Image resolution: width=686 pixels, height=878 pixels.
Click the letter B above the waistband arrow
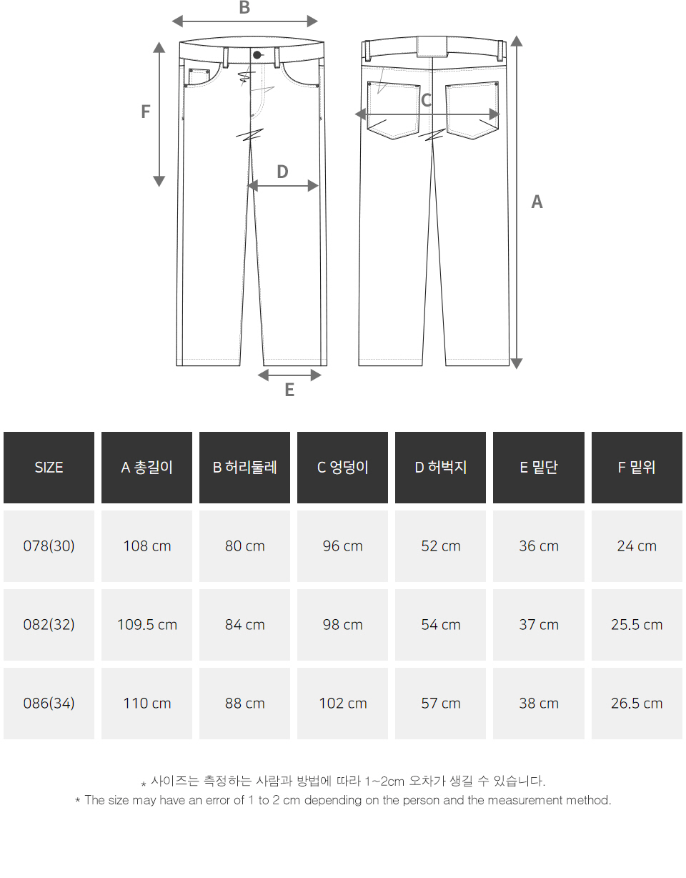point(244,7)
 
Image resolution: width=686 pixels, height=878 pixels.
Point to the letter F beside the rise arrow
point(145,112)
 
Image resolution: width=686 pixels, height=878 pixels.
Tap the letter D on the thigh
point(283,172)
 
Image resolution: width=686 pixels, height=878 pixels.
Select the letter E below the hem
point(289,390)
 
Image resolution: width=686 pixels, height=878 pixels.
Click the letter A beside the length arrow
point(537,202)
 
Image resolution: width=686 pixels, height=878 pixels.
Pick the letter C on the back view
point(427,100)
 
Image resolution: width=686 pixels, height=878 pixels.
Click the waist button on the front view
point(257,55)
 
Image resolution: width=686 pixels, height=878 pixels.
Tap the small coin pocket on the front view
point(199,77)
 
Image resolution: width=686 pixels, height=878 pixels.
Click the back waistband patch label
point(432,46)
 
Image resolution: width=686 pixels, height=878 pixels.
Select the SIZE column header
point(49,468)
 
